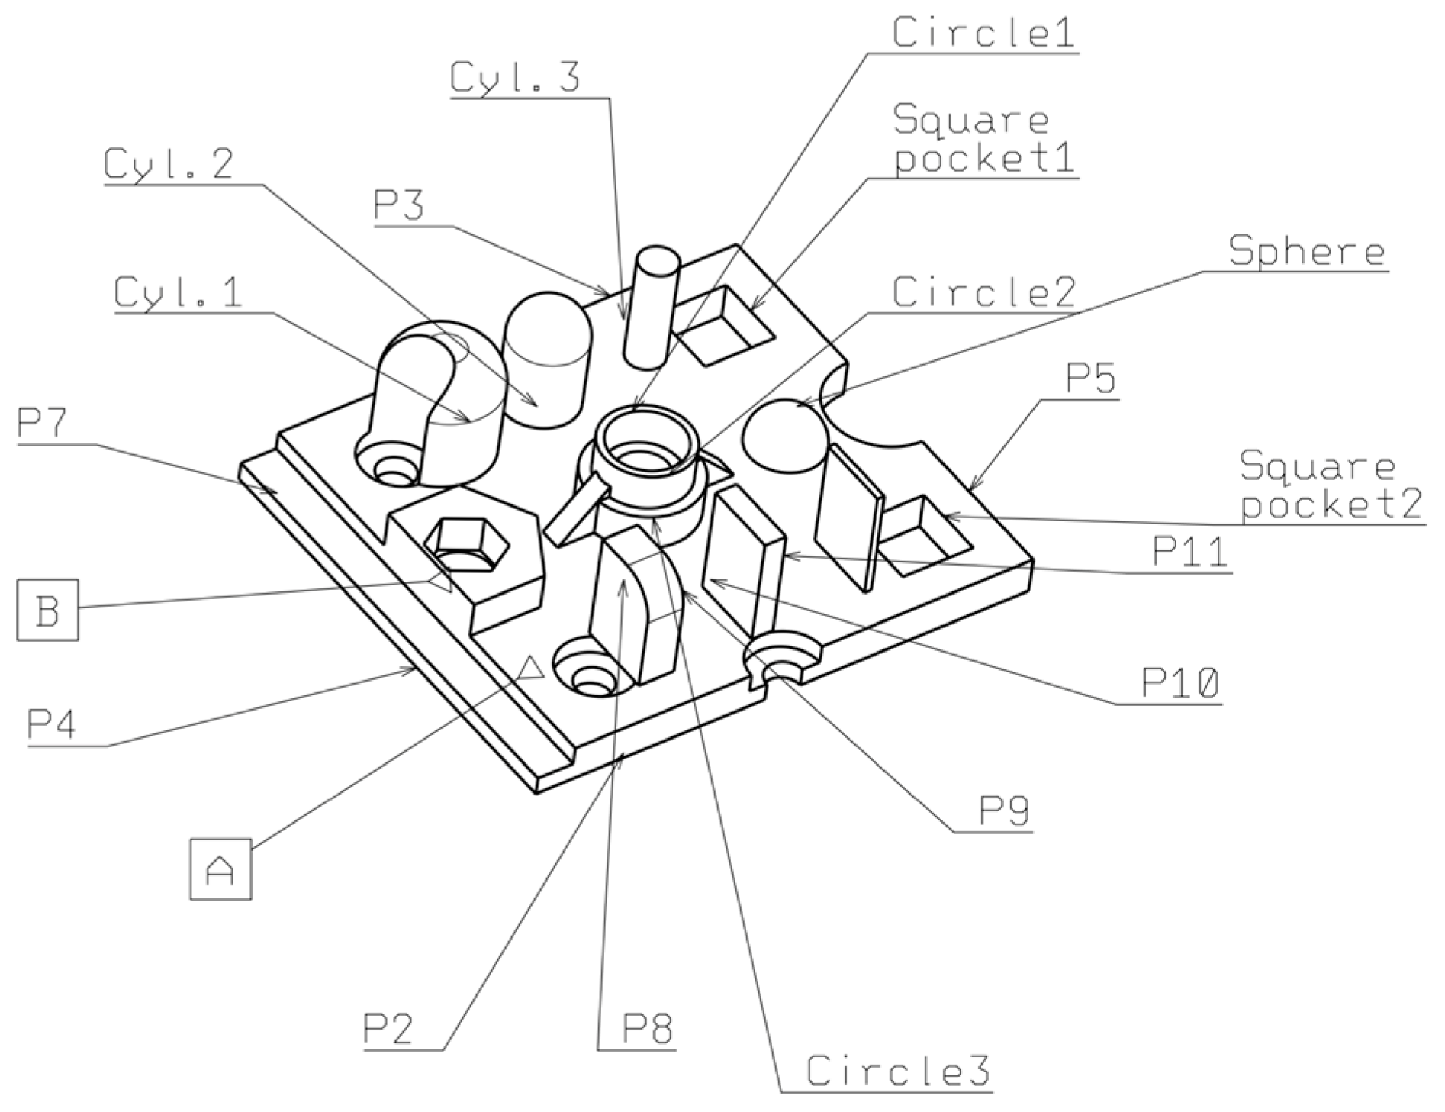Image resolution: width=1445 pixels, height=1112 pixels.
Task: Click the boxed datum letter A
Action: (x=220, y=869)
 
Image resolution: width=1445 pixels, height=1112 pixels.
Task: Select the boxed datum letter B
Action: (x=47, y=610)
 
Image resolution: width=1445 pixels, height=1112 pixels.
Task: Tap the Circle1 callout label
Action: (x=983, y=32)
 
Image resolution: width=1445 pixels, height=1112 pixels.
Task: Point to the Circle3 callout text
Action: (x=898, y=1071)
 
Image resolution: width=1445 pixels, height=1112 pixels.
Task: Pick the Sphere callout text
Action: (x=1307, y=251)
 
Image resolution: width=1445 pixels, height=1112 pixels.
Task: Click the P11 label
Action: (x=1190, y=551)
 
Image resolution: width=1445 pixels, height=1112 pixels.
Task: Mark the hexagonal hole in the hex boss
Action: (x=467, y=543)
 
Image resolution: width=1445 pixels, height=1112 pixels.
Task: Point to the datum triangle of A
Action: (x=530, y=669)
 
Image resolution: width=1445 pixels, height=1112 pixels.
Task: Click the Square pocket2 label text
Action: (x=1330, y=484)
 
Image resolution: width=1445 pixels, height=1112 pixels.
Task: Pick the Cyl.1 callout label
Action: (x=178, y=292)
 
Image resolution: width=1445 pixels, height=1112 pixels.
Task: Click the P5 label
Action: (x=1091, y=378)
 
